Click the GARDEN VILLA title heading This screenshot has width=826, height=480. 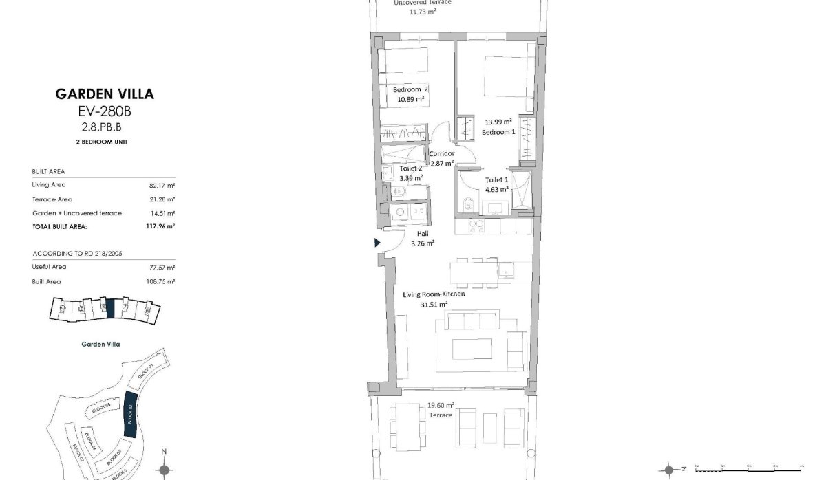(105, 94)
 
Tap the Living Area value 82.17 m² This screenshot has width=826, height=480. (162, 185)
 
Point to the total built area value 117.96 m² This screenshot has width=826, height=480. (160, 226)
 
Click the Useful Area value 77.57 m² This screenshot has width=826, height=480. (162, 267)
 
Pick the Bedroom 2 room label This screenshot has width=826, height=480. (410, 89)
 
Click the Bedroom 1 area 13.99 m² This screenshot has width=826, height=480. (498, 120)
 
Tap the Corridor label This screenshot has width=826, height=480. (441, 153)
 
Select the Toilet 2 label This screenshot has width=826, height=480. (412, 168)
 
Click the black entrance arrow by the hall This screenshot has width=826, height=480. (377, 242)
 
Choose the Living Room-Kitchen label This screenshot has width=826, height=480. (434, 294)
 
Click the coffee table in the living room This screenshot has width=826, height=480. (472, 347)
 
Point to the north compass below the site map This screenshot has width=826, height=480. (164, 470)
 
